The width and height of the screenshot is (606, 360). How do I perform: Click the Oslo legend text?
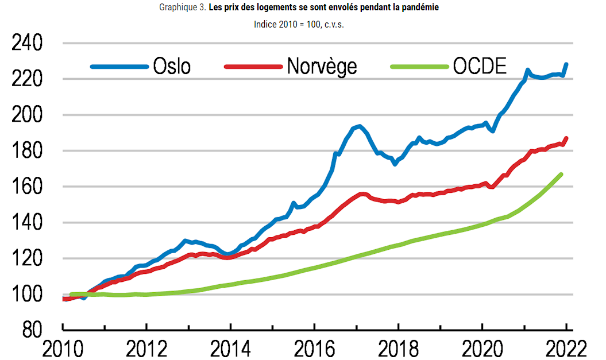[x=172, y=67]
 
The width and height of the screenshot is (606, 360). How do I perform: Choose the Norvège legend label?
[x=322, y=67]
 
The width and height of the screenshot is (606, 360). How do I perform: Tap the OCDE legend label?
[x=480, y=67]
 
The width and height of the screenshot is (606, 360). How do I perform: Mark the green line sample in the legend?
[x=419, y=67]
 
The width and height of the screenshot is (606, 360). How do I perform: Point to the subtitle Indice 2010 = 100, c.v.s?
[x=299, y=25]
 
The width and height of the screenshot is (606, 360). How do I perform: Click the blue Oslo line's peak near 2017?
[x=359, y=126]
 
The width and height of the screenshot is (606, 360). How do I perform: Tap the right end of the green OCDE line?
[x=561, y=174]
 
